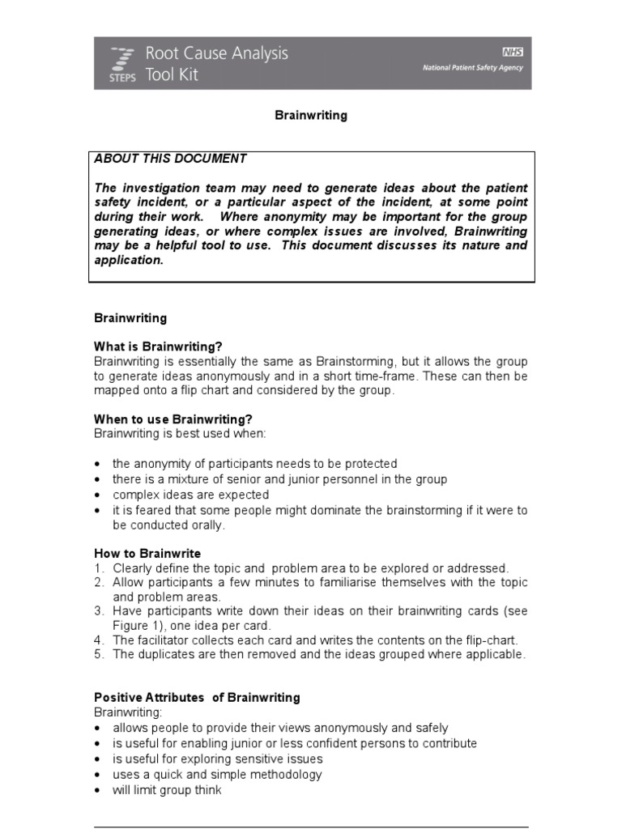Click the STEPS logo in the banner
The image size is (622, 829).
tap(121, 63)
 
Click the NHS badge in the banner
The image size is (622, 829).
tap(513, 51)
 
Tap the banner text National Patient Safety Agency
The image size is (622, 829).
tap(472, 68)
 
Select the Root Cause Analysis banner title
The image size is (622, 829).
tap(216, 54)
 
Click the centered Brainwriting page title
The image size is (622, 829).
tap(311, 116)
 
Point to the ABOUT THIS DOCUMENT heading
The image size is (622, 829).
tap(170, 159)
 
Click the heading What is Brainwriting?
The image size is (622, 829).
tap(157, 346)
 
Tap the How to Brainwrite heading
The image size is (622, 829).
tap(147, 554)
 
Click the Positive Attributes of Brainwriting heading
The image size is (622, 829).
tap(197, 697)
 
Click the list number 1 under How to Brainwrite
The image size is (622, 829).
tap(98, 568)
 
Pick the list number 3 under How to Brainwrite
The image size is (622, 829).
tap(98, 610)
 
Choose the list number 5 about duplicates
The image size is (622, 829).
tap(98, 655)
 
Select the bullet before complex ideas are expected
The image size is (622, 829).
tap(98, 495)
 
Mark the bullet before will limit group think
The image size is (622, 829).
tap(98, 790)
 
